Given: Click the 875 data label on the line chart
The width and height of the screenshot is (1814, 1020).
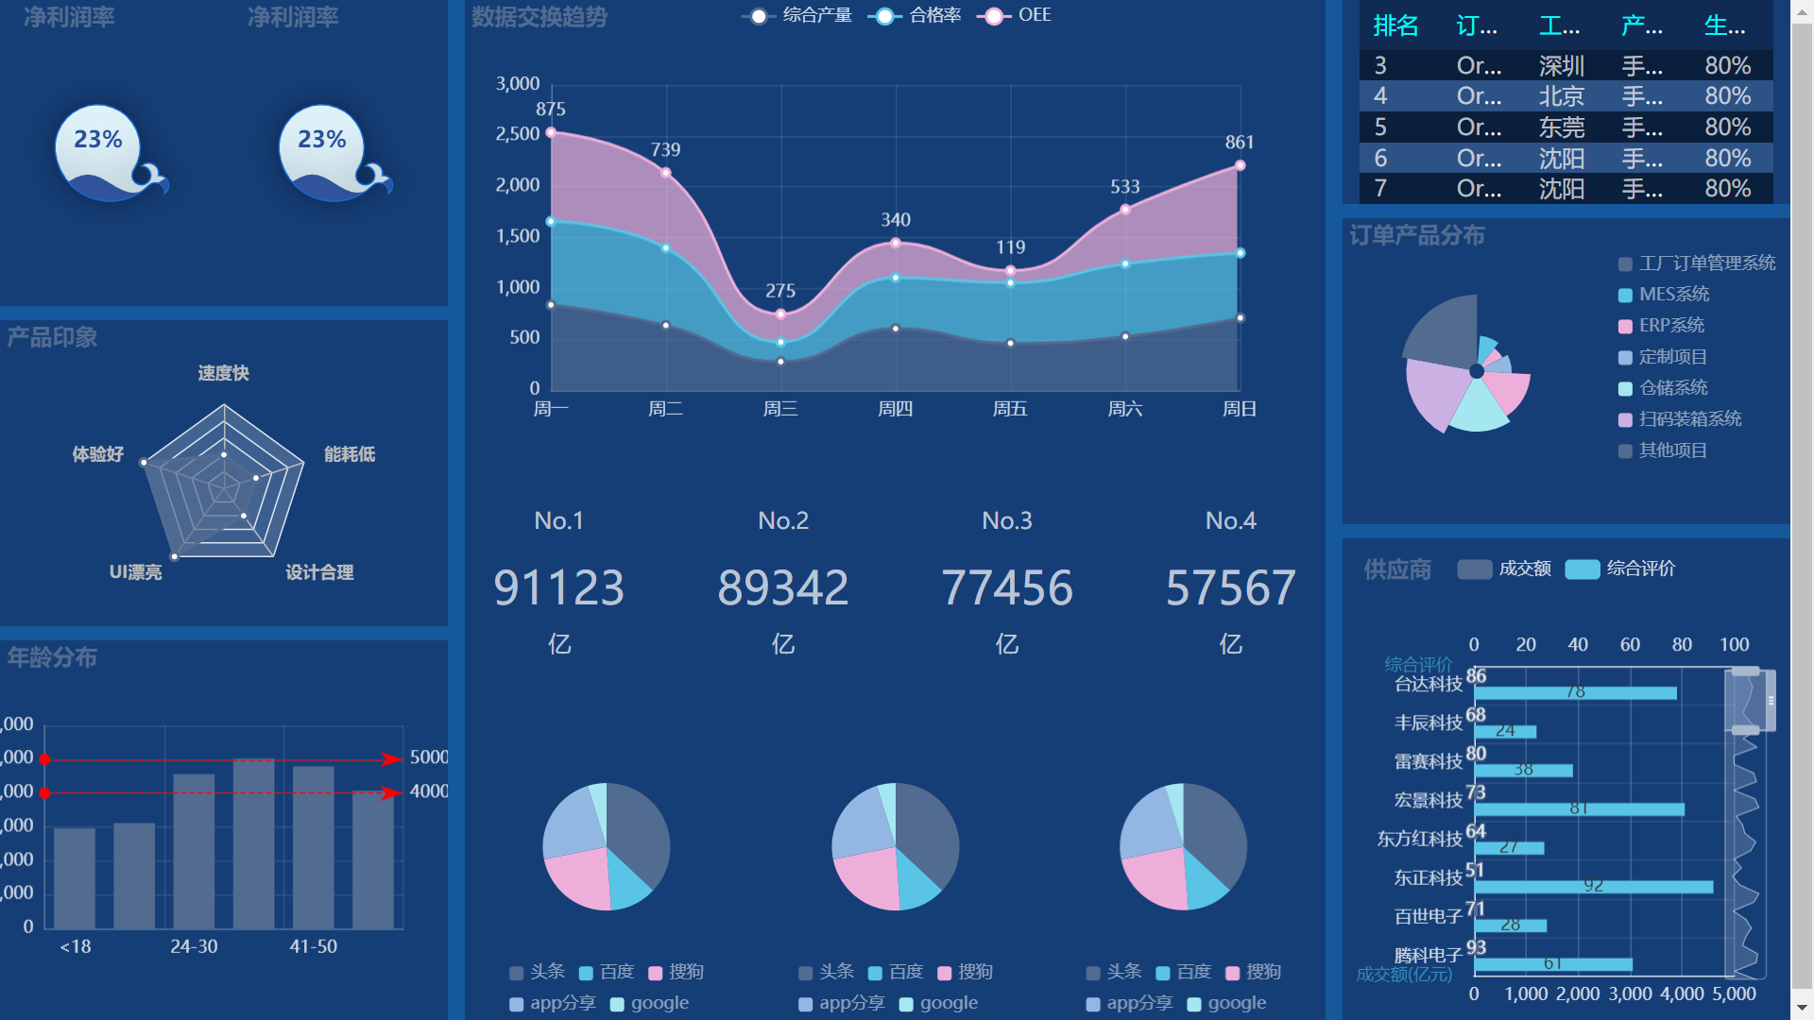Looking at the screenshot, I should click(x=551, y=110).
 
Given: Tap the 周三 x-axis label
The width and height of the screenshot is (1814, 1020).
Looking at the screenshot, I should click(x=780, y=409).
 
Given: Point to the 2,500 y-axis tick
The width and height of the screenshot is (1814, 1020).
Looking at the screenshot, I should click(x=518, y=134).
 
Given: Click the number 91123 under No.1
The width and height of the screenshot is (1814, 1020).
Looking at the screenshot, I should click(x=558, y=587).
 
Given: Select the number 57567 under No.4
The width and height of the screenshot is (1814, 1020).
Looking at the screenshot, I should click(x=1230, y=587).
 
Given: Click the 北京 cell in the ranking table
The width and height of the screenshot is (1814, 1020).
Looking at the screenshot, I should click(x=1561, y=96).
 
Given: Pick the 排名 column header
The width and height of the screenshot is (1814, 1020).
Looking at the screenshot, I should click(x=1395, y=25).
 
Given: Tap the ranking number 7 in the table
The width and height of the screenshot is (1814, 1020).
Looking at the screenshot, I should click(x=1380, y=189).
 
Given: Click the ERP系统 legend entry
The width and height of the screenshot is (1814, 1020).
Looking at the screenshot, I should click(x=1670, y=326).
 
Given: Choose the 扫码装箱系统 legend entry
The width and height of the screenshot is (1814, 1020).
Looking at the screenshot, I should click(x=1689, y=419).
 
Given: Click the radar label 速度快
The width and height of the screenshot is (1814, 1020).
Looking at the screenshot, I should click(x=224, y=373).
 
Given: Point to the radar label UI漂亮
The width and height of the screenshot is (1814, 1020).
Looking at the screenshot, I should click(x=135, y=572).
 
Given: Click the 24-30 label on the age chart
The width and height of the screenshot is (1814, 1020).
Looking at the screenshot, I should click(x=194, y=946).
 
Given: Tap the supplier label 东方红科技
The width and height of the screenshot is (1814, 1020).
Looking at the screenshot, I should click(x=1419, y=839).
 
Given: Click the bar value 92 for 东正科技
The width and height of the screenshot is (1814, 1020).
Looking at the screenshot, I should click(x=1594, y=886).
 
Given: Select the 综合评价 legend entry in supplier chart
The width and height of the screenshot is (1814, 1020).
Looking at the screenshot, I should click(x=1640, y=569).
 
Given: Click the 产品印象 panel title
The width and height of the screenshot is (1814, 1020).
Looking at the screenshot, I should click(x=52, y=337).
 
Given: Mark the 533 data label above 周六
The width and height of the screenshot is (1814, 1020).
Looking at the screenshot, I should click(x=1124, y=187).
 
